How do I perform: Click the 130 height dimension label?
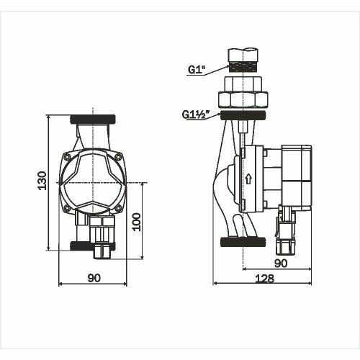(x=42, y=181)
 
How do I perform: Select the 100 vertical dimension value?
(x=137, y=222)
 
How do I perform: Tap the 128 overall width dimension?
(x=264, y=279)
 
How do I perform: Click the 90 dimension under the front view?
(x=94, y=278)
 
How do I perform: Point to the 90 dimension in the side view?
(x=281, y=264)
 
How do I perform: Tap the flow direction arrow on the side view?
(x=248, y=179)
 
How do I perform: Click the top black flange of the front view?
(x=93, y=120)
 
